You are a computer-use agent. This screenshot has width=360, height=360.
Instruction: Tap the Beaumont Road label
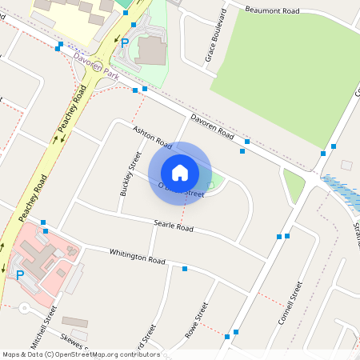click(x=271, y=10)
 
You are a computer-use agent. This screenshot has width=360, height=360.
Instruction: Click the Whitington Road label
click(x=137, y=256)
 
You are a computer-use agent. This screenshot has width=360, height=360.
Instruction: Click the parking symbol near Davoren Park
click(x=125, y=42)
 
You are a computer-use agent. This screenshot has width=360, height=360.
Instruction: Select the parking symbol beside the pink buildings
click(x=20, y=275)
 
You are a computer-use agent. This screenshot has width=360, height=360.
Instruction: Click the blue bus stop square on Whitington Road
click(x=185, y=269)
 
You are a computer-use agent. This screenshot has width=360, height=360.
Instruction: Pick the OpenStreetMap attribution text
click(x=80, y=354)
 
